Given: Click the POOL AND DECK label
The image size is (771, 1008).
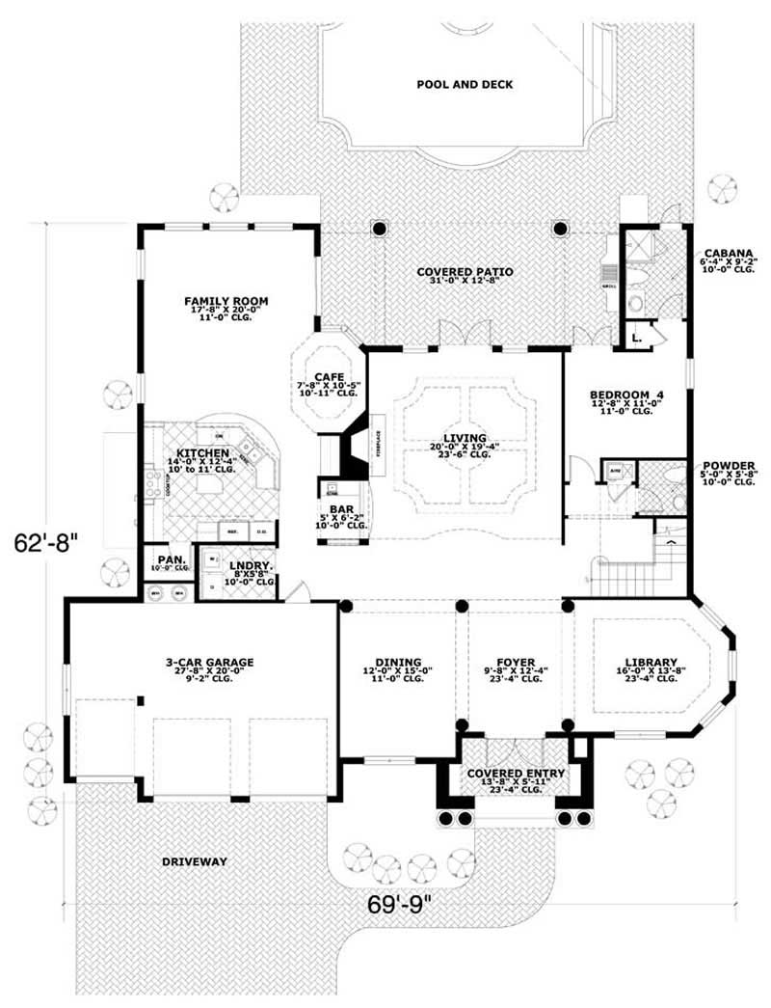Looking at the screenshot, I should click(x=465, y=85).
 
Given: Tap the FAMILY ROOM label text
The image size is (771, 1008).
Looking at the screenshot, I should click(x=226, y=302).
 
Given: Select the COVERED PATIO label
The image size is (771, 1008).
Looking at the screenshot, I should click(x=465, y=272).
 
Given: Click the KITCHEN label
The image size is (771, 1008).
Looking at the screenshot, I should click(x=201, y=453).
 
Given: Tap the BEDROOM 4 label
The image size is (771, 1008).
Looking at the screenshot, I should click(x=626, y=395).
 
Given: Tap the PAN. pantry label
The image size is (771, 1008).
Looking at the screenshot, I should click(x=170, y=559).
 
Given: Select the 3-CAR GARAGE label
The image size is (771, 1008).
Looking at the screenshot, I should click(x=208, y=662).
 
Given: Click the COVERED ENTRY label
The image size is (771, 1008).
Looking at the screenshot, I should click(x=516, y=774).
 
